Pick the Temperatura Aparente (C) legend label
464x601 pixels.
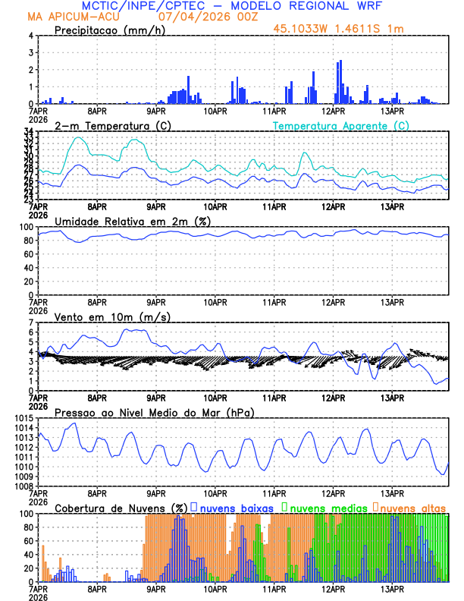coord(340,125)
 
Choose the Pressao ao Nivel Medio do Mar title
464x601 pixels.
coord(154,412)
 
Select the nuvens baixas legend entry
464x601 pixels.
coord(231,508)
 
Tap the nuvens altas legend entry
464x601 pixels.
coord(410,508)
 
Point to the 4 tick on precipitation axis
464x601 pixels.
coord(31,36)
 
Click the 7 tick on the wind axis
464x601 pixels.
coord(31,323)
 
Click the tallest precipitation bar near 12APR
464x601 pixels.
coord(340,82)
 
